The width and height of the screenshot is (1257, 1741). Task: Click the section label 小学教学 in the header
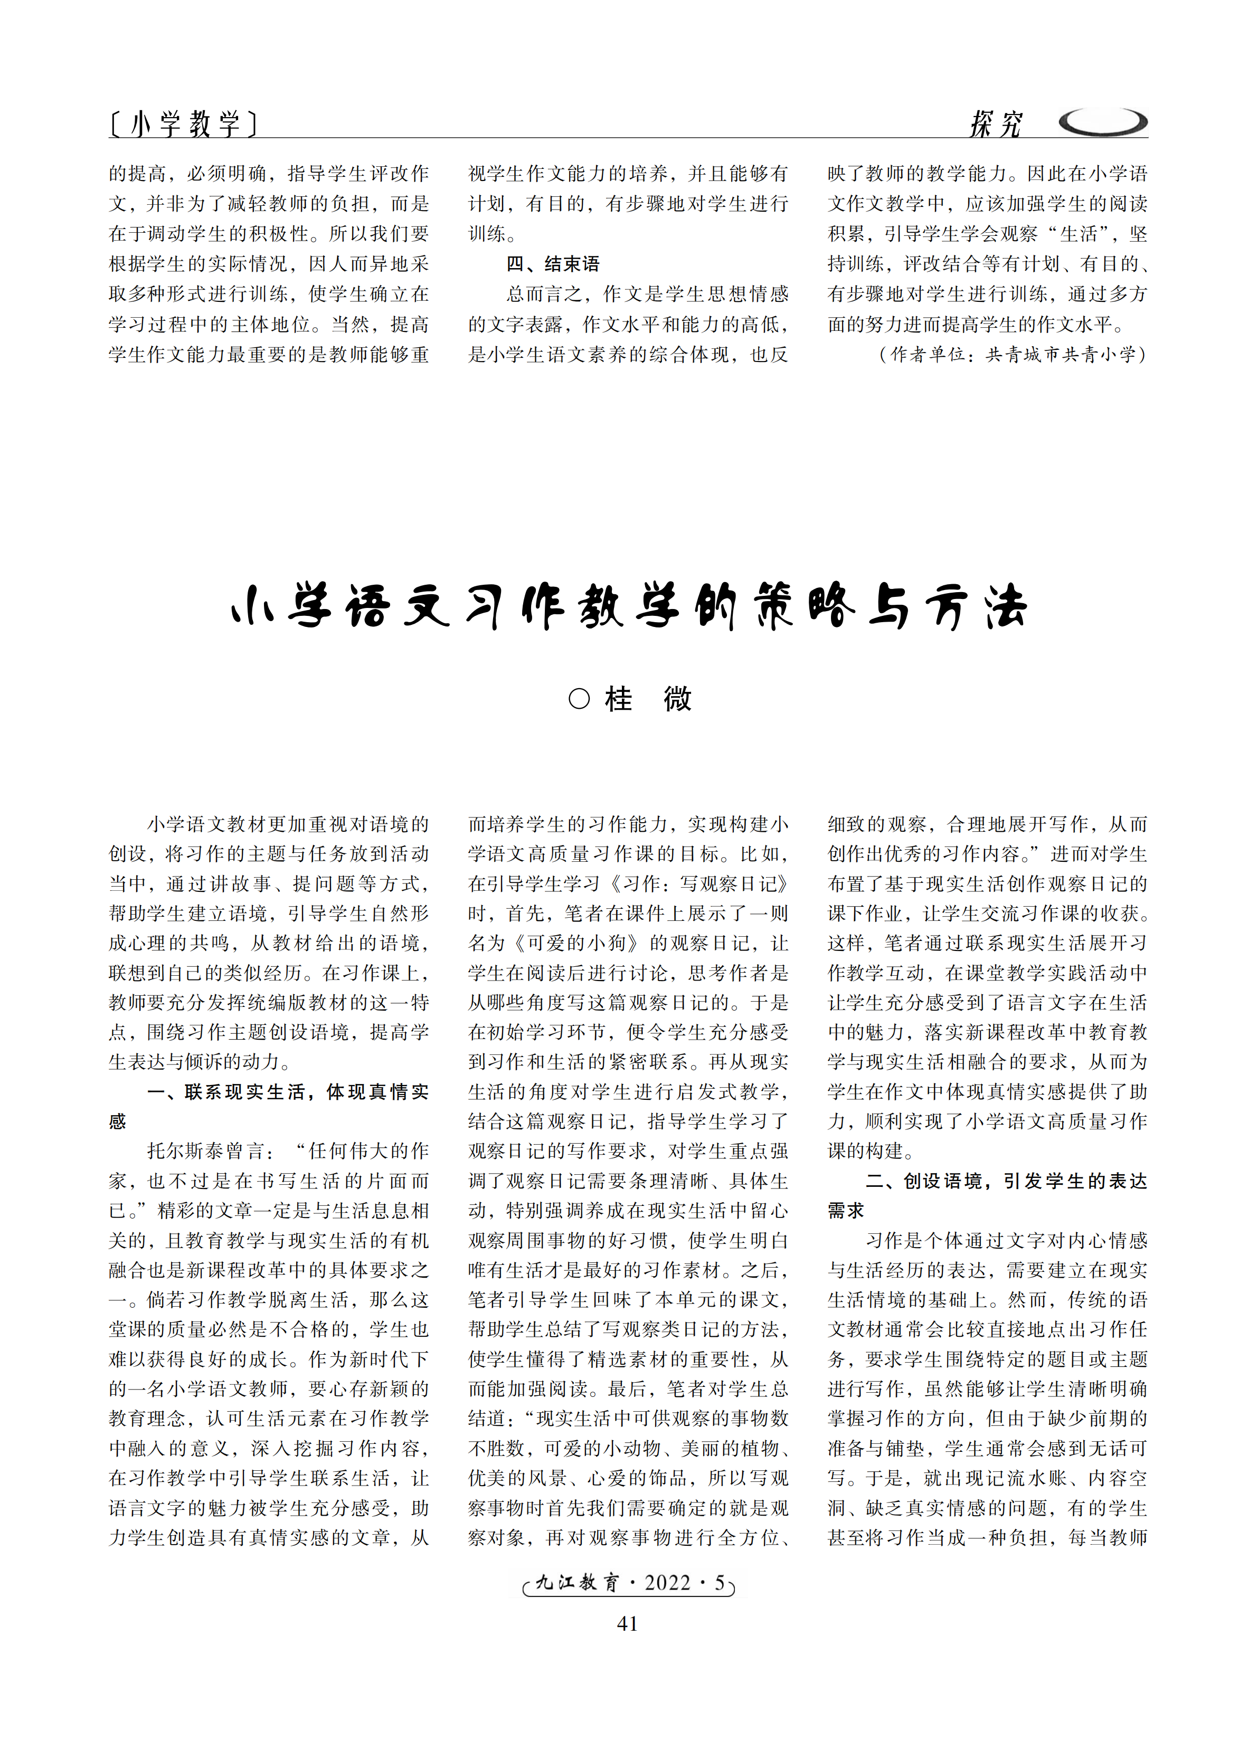(184, 123)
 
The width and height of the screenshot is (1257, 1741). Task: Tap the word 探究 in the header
(996, 123)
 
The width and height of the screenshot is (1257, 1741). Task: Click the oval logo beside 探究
(1103, 122)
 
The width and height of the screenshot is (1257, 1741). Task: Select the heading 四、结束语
(553, 264)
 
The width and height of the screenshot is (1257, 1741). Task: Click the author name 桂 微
(648, 699)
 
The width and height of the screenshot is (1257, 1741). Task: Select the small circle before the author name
(579, 699)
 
